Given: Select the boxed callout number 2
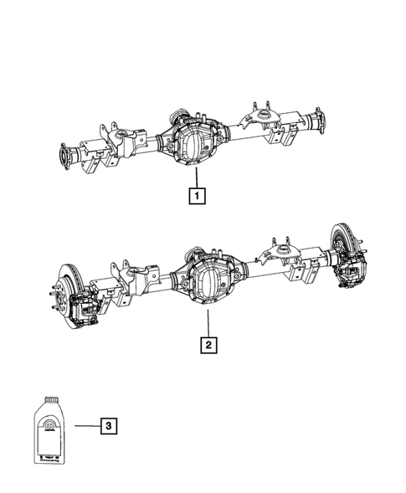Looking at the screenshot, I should coord(206,343).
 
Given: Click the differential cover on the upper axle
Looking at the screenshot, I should coord(194,143).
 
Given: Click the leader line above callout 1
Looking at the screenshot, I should coord(196,178).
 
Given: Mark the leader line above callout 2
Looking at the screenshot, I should coord(206,322).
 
